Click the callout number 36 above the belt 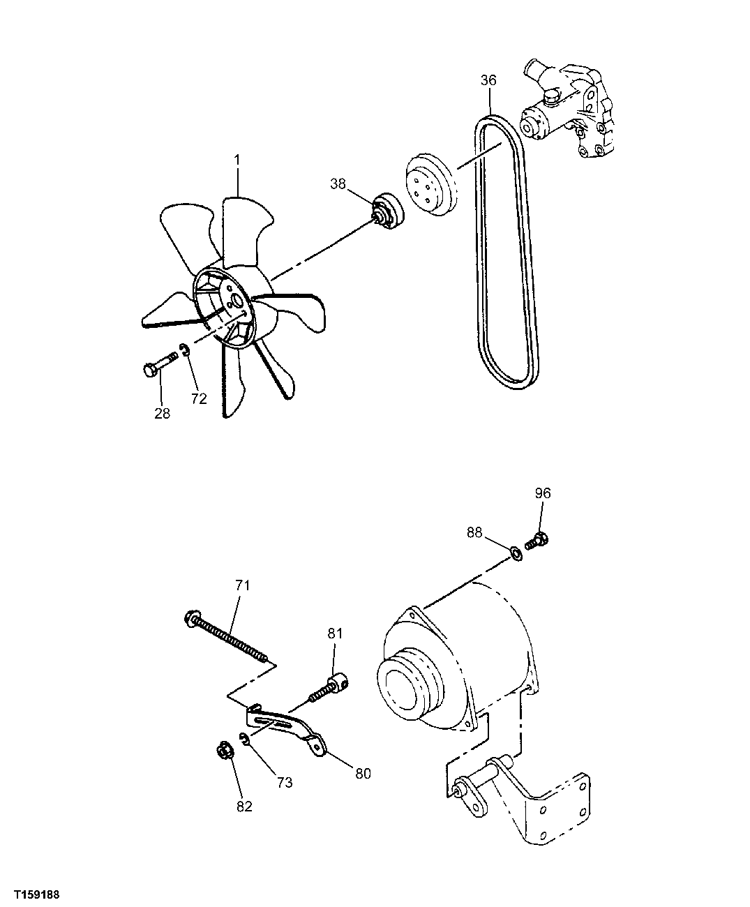(488, 81)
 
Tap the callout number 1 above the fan (237, 160)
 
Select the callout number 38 (338, 184)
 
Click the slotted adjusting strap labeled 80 (286, 729)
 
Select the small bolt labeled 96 (537, 540)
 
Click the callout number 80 (362, 773)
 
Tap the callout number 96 (543, 493)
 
